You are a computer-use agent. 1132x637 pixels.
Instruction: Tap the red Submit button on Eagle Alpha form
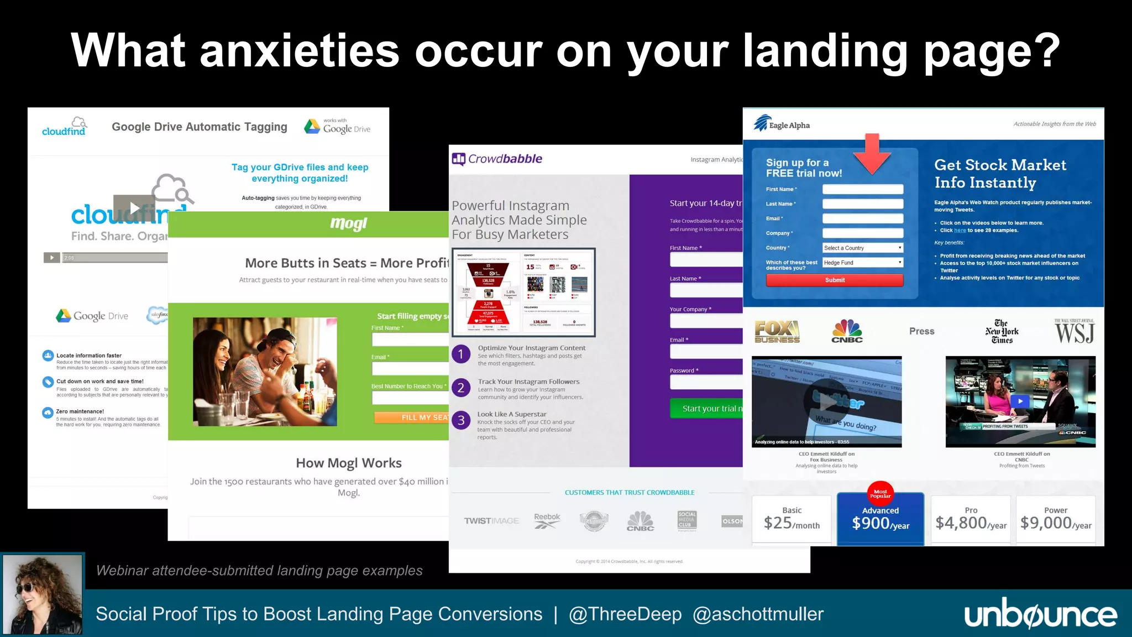pyautogui.click(x=835, y=280)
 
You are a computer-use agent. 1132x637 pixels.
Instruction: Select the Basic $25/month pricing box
pyautogui.click(x=792, y=519)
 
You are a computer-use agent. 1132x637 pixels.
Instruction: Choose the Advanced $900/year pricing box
pyautogui.click(x=881, y=519)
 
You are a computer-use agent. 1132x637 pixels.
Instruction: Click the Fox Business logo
pyautogui.click(x=777, y=332)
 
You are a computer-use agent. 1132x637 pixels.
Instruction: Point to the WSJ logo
pyautogui.click(x=1074, y=332)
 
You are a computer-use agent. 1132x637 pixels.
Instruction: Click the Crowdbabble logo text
pyautogui.click(x=505, y=159)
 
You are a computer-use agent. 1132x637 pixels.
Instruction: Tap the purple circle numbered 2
pyautogui.click(x=461, y=388)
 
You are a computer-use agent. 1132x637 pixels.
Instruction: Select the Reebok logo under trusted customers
pyautogui.click(x=547, y=520)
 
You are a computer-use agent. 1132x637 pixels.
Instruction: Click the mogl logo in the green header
pyautogui.click(x=348, y=224)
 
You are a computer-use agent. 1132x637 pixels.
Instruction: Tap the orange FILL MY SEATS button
pyautogui.click(x=412, y=417)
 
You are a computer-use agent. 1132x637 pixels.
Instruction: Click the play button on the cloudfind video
pyautogui.click(x=134, y=208)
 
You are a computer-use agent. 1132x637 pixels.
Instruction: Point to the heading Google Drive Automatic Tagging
pyautogui.click(x=200, y=127)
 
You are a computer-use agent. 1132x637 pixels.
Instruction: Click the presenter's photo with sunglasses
pyautogui.click(x=43, y=594)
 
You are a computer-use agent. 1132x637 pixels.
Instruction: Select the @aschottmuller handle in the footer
pyautogui.click(x=758, y=614)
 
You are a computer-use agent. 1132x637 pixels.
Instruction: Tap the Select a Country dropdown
pyautogui.click(x=862, y=248)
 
